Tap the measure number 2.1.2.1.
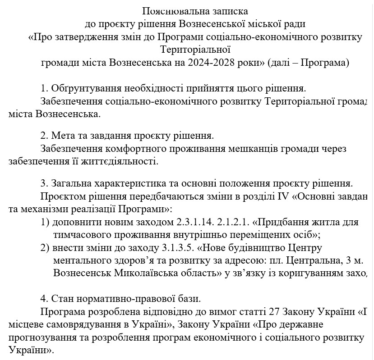click(234, 222)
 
